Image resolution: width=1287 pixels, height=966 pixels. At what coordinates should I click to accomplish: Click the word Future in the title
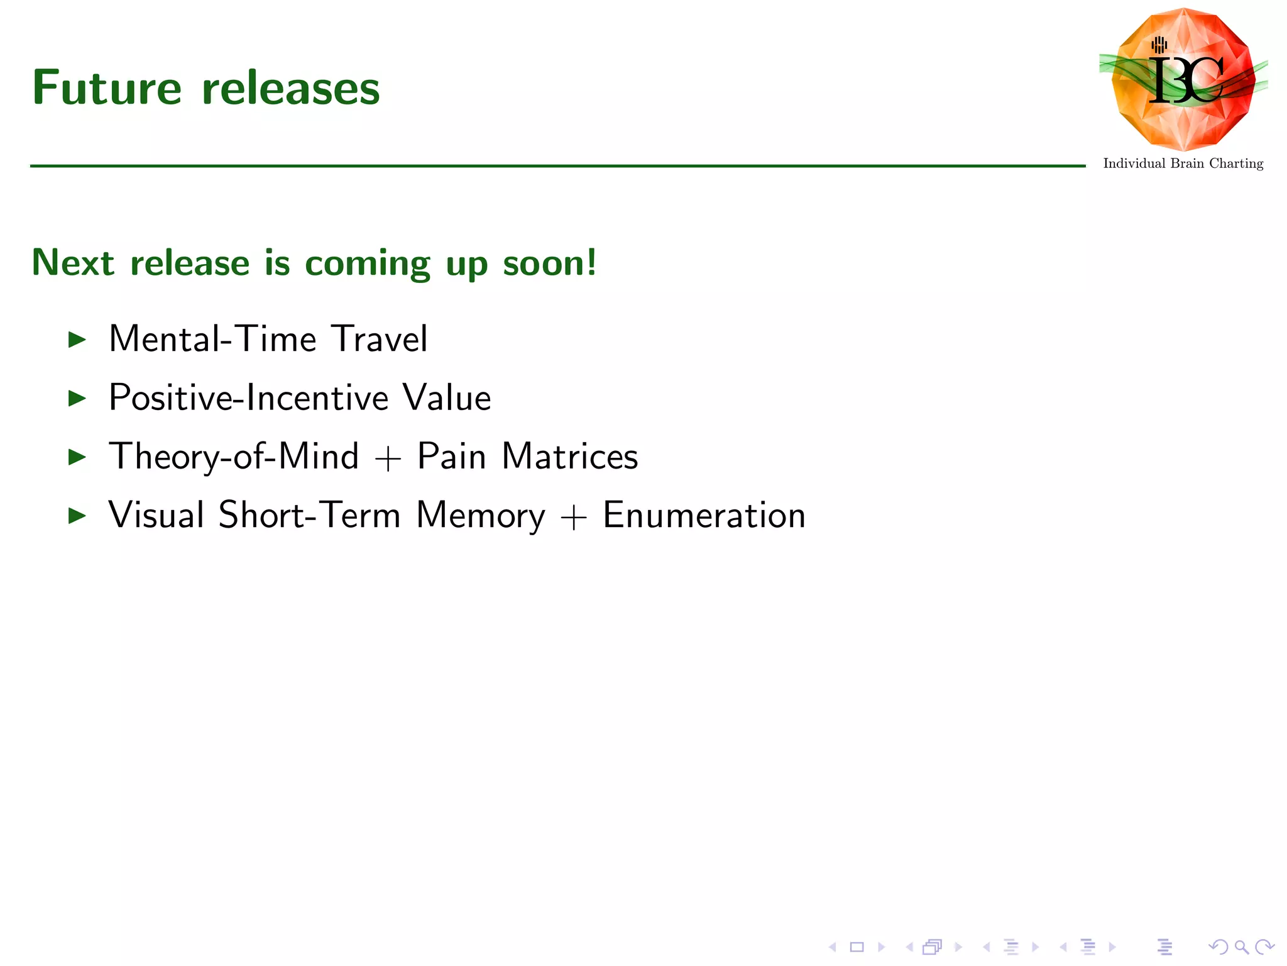[107, 88]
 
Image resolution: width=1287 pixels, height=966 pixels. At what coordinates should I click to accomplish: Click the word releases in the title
[291, 88]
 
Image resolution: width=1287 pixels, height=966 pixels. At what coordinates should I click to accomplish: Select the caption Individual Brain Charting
[1183, 164]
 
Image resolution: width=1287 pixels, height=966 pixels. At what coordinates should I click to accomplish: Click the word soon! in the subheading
[550, 262]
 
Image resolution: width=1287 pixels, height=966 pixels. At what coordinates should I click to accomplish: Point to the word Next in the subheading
[73, 262]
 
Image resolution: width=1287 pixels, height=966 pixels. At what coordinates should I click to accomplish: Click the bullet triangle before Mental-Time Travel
[77, 340]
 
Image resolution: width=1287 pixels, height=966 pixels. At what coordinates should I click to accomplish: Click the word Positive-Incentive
[249, 397]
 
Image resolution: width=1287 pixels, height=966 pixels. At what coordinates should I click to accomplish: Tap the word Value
[447, 397]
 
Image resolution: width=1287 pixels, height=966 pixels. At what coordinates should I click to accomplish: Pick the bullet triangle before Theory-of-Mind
[77, 457]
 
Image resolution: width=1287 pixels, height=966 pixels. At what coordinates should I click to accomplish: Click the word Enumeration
[704, 515]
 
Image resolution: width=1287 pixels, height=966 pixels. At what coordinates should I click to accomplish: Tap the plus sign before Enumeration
[573, 518]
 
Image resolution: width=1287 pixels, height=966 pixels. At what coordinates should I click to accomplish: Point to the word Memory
[481, 515]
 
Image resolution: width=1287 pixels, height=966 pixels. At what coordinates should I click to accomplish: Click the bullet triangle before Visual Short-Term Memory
[77, 516]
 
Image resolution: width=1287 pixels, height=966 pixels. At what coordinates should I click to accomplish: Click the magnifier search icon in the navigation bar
[1241, 947]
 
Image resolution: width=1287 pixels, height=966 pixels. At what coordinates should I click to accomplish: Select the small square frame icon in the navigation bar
[857, 947]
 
